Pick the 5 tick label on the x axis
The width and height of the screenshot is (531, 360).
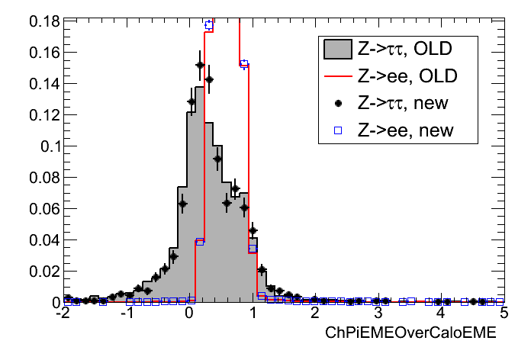pyautogui.click(x=502, y=314)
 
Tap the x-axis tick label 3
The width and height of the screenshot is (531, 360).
pyautogui.click(x=377, y=314)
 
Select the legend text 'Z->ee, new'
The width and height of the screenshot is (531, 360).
pyautogui.click(x=404, y=130)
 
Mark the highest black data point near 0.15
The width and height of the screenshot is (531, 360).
pyautogui.click(x=200, y=65)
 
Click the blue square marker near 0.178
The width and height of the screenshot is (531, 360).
pyautogui.click(x=209, y=25)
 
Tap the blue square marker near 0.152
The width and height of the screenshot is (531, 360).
pyautogui.click(x=244, y=64)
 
